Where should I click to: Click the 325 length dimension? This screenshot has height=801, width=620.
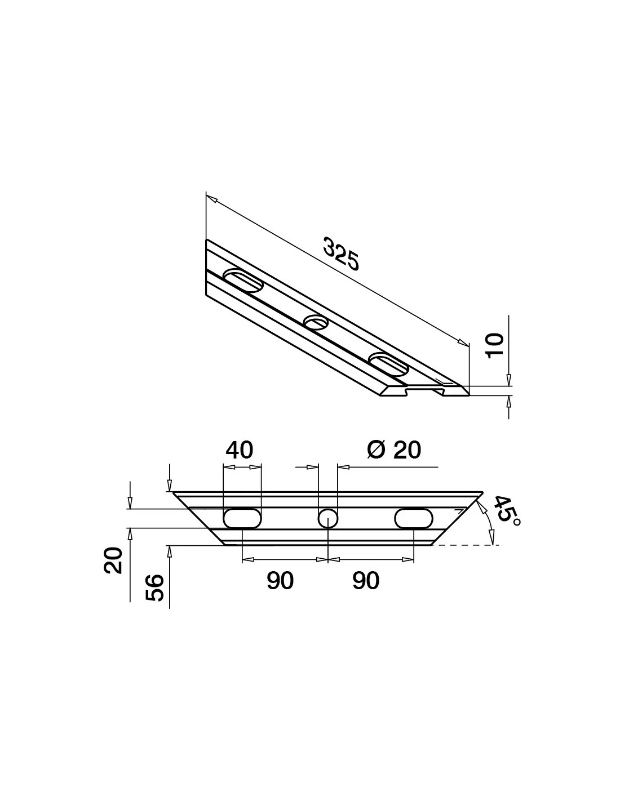point(340,254)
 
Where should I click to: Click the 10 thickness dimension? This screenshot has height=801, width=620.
point(494,345)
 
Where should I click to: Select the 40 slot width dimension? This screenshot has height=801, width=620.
point(240,450)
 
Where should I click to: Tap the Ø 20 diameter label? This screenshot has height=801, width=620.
point(395,450)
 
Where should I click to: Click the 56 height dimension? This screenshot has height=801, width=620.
point(154,588)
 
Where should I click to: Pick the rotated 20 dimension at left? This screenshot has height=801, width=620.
point(113,560)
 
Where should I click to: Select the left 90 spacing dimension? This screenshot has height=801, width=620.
point(280,581)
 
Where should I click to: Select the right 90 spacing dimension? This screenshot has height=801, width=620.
point(366,581)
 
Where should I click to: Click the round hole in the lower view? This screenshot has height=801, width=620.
point(327,519)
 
